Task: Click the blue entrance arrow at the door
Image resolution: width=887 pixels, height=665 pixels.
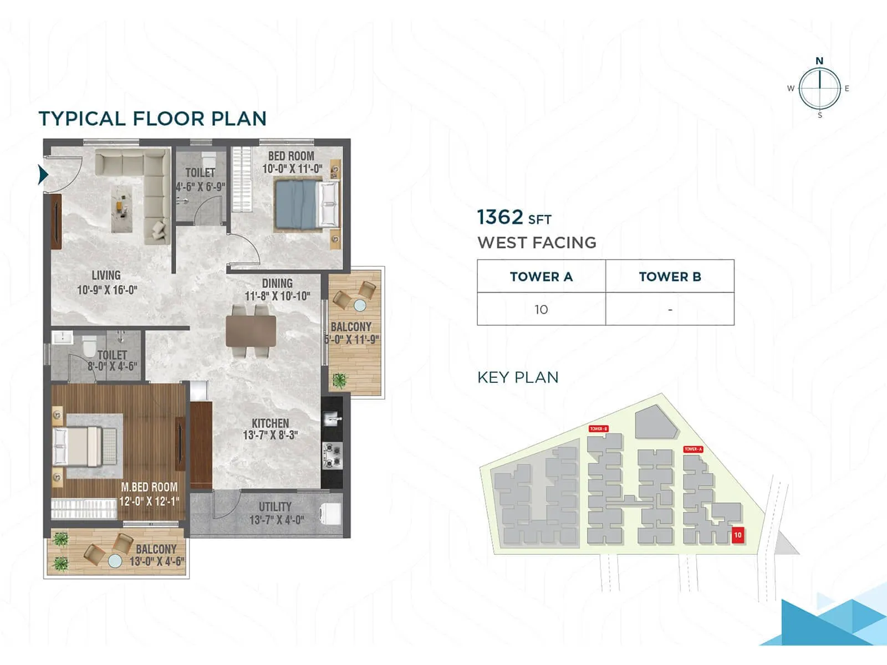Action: (43, 175)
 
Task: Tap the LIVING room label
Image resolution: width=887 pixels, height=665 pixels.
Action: (106, 275)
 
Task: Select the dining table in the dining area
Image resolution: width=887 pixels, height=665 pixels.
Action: (251, 331)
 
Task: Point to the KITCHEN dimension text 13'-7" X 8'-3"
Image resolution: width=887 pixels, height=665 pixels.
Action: (271, 436)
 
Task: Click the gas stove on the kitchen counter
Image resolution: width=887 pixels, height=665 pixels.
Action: (332, 456)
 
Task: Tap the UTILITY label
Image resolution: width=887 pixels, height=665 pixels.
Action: (275, 507)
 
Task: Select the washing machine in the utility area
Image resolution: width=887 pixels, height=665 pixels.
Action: (331, 514)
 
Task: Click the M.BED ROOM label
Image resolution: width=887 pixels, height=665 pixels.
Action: (149, 487)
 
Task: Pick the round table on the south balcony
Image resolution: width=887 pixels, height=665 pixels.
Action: (115, 561)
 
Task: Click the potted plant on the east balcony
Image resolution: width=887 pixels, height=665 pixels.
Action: (339, 380)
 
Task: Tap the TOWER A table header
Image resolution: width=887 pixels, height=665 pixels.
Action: (541, 277)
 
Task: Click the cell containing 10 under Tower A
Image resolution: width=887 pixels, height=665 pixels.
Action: (541, 309)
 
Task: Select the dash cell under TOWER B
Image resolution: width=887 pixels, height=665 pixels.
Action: (670, 309)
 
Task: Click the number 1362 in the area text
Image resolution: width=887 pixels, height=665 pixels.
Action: (500, 217)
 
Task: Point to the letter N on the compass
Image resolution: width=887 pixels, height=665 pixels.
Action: (819, 61)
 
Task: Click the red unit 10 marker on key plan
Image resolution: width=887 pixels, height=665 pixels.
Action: (737, 535)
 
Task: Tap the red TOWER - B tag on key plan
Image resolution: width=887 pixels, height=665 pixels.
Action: (599, 429)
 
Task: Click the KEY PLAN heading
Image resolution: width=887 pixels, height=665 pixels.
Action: (518, 377)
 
